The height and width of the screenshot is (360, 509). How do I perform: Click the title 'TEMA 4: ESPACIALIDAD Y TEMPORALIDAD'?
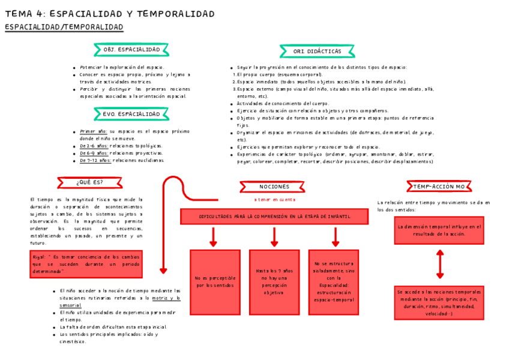[110, 14]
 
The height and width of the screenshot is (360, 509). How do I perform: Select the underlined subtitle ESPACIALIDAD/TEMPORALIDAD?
[64, 28]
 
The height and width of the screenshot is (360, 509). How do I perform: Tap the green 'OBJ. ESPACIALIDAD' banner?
[131, 50]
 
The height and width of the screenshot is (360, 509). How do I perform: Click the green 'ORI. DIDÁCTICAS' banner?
[317, 52]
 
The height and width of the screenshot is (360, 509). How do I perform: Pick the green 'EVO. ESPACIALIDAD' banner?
[131, 114]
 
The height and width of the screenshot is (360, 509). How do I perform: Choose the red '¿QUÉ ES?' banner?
[89, 182]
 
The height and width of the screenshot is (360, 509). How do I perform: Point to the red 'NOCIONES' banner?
[274, 187]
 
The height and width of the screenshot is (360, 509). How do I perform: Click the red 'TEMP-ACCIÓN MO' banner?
[439, 187]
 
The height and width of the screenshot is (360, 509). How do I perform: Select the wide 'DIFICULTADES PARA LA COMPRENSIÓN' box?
[274, 216]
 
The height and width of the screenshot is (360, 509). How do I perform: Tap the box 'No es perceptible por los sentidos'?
[214, 282]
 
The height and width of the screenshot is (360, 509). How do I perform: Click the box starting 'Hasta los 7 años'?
[274, 282]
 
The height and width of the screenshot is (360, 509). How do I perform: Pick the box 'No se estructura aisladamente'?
[334, 282]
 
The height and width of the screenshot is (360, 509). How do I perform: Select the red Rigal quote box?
[86, 264]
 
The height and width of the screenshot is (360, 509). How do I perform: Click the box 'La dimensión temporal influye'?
[439, 230]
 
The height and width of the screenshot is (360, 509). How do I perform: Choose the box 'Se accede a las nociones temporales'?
[439, 302]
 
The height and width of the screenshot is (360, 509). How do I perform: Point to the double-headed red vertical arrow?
[440, 265]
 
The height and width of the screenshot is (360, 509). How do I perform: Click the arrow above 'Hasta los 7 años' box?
[274, 237]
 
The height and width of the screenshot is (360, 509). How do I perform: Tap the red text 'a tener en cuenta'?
[274, 199]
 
